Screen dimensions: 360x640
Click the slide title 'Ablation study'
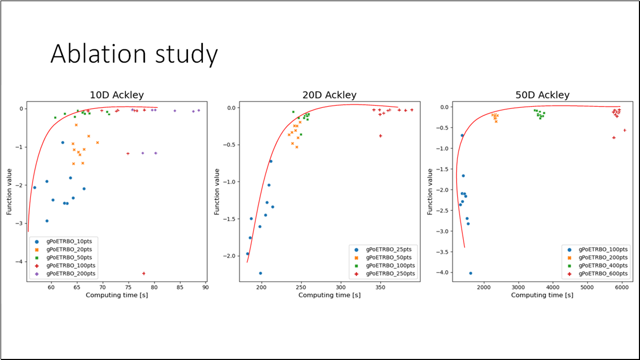click(134, 54)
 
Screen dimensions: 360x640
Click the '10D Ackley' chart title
click(116, 95)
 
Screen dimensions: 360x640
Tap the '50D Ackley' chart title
click(542, 95)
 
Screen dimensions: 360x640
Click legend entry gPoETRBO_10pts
click(69, 241)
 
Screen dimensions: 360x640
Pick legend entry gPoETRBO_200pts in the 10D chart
click(71, 273)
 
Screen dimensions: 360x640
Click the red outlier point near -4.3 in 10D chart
click(144, 273)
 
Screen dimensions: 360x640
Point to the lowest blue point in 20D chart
click(260, 273)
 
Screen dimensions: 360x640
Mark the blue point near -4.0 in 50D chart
click(471, 273)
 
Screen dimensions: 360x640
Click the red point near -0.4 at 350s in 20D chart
click(380, 136)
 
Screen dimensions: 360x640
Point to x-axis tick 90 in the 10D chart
click(205, 287)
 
